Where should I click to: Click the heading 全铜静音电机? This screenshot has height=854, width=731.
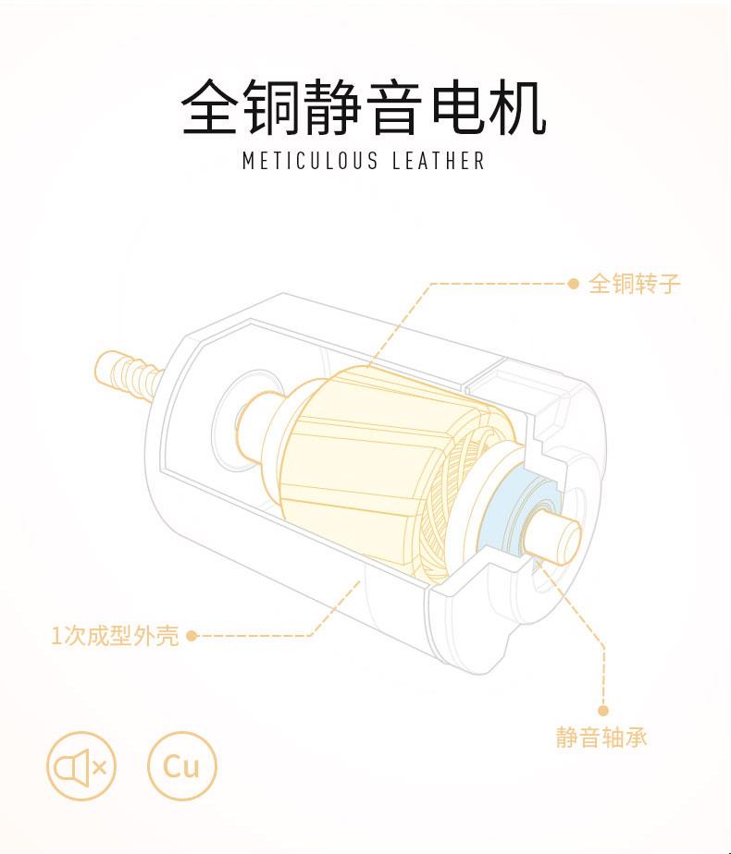tap(364, 109)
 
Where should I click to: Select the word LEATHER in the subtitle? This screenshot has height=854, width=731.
tap(439, 161)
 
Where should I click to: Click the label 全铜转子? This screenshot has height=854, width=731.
tap(635, 284)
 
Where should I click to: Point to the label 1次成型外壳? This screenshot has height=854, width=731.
tap(115, 636)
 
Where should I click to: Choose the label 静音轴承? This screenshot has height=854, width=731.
tap(601, 738)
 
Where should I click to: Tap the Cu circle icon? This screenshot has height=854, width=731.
tap(181, 765)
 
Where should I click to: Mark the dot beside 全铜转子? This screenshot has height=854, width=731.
tap(573, 284)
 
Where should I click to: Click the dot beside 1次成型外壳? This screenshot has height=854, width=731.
tap(192, 636)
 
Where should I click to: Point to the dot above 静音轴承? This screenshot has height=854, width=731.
tap(602, 711)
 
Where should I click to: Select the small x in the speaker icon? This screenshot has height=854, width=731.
tap(100, 765)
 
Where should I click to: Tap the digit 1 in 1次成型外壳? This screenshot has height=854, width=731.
tap(56, 636)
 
